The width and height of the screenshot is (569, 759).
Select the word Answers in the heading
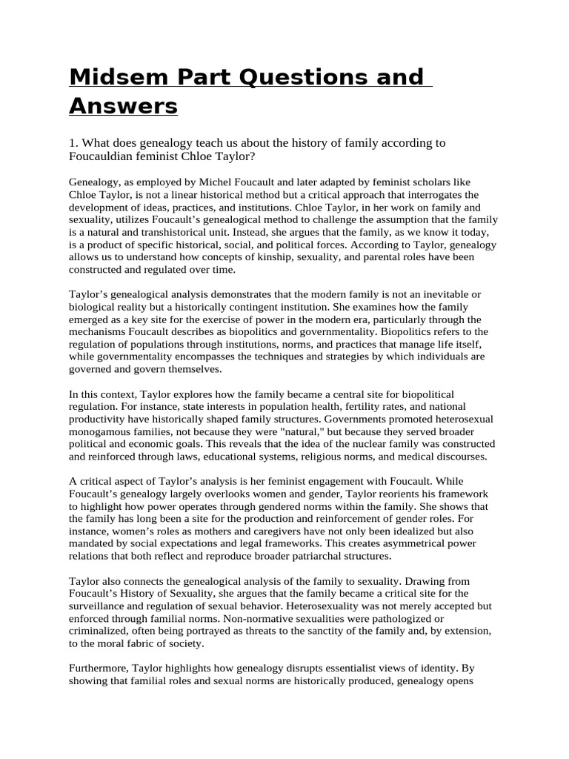[x=124, y=107]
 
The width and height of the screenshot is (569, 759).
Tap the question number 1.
[x=72, y=143]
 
